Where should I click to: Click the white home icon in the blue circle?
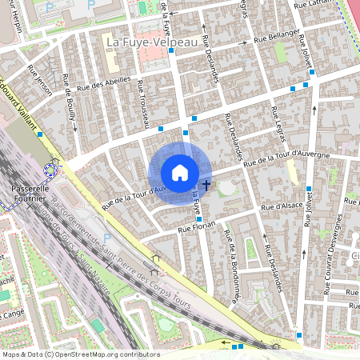180,173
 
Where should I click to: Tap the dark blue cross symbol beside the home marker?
207,185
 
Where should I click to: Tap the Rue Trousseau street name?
143,103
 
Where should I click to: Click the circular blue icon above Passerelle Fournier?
52,170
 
